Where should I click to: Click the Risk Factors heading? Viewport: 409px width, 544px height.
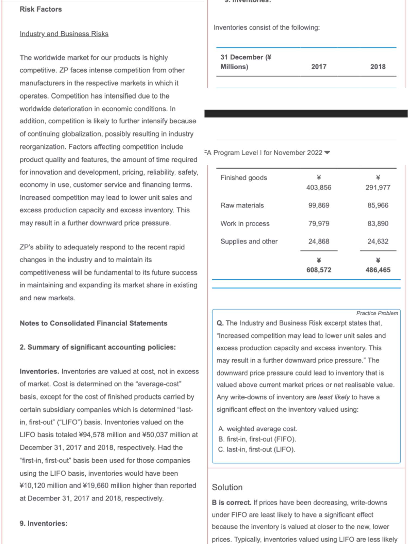coord(41,9)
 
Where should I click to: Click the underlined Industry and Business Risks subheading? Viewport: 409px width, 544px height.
coord(64,34)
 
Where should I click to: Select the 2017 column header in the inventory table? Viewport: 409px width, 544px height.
coord(319,67)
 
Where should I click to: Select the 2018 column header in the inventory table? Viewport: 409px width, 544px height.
coord(378,67)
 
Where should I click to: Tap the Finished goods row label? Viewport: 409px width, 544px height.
coord(243,178)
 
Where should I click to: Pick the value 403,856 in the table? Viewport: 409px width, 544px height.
coord(319,187)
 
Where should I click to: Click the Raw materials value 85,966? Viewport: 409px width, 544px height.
coord(378,205)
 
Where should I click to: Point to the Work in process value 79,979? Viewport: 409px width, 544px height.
coord(319,224)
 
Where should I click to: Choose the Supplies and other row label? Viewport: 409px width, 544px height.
coord(249,241)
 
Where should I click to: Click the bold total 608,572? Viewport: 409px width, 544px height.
coord(319,270)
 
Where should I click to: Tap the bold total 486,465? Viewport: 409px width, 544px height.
coord(378,270)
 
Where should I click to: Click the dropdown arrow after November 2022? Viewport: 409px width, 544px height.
coord(327,153)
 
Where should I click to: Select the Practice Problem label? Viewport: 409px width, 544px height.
coord(377,313)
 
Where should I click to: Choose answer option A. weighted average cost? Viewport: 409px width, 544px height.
coord(258,429)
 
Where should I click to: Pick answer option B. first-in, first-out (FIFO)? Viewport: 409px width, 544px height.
coord(257,439)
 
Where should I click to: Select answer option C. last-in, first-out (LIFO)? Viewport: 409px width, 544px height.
coord(257,449)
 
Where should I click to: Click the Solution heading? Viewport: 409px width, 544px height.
coord(227,487)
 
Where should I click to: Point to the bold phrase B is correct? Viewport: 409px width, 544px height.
coord(231,502)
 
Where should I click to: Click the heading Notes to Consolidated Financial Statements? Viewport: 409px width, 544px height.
coord(93,323)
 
